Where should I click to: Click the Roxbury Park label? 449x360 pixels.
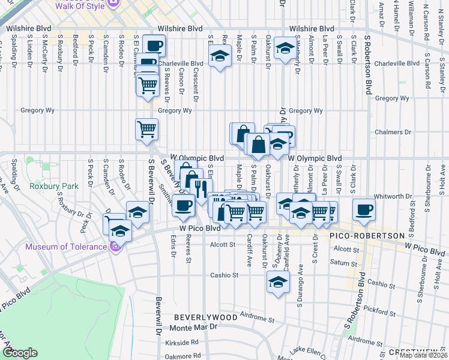pos(54,186)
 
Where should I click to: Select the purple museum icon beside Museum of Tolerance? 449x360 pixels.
pos(116,246)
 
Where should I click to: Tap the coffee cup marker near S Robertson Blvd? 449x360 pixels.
pos(363,209)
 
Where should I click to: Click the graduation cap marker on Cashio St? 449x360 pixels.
pos(278,281)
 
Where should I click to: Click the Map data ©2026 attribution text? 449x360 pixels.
pos(423,355)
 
